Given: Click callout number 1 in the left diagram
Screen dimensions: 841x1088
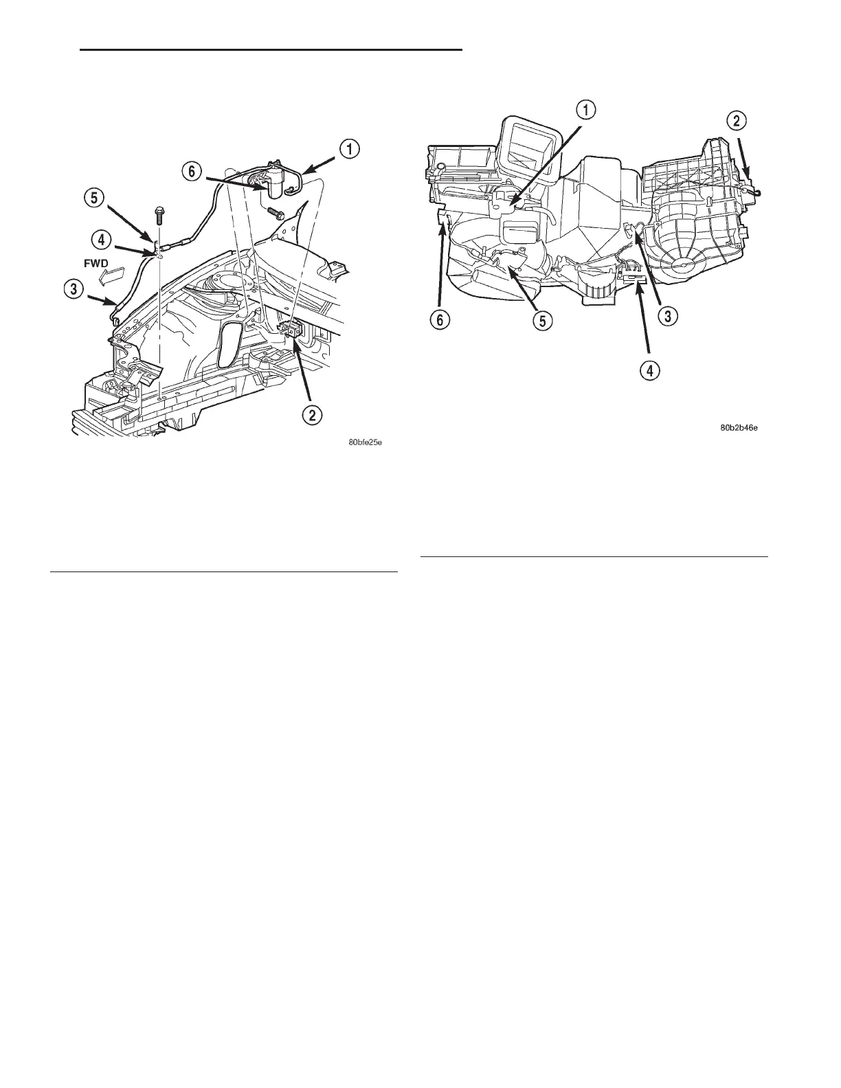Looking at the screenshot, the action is click(x=350, y=149).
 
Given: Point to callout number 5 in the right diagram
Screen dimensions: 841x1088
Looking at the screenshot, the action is click(x=543, y=320).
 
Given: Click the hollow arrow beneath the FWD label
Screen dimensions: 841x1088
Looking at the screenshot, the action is click(x=111, y=277).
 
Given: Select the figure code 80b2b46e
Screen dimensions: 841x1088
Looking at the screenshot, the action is click(x=739, y=428).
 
